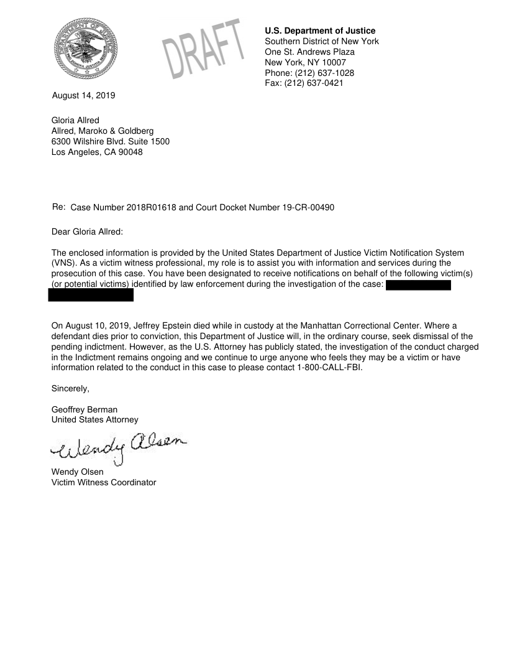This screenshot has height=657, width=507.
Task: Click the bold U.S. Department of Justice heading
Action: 320,30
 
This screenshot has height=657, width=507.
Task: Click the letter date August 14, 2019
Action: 84,96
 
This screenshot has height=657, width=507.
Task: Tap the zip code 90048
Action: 128,152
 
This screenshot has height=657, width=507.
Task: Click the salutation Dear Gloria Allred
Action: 88,232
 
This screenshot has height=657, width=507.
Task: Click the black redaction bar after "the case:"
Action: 418,286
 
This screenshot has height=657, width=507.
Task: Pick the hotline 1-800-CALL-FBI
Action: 329,367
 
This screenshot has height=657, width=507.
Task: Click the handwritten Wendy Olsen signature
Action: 118,445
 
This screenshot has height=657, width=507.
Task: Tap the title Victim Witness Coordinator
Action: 104,482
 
